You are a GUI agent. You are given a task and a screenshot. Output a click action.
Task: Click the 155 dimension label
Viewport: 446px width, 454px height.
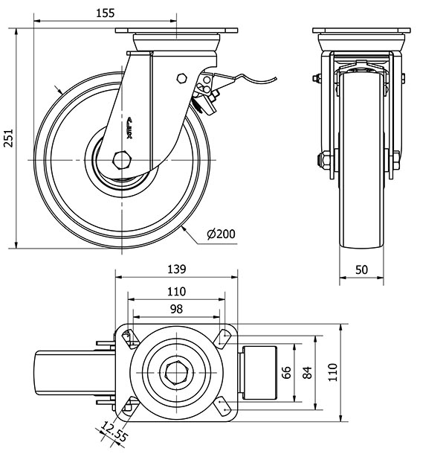[105, 13]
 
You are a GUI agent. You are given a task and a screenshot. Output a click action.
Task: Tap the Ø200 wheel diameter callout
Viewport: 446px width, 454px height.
[221, 234]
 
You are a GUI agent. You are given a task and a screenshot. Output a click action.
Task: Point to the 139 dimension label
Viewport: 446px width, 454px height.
[175, 269]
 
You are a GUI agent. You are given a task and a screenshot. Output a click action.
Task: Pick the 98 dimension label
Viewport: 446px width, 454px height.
[175, 308]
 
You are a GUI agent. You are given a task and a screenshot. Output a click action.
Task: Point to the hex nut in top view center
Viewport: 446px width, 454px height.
[175, 371]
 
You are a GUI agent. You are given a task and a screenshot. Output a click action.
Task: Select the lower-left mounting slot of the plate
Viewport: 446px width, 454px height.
[129, 406]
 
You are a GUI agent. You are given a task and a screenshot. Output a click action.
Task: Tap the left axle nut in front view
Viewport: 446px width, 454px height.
[325, 159]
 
